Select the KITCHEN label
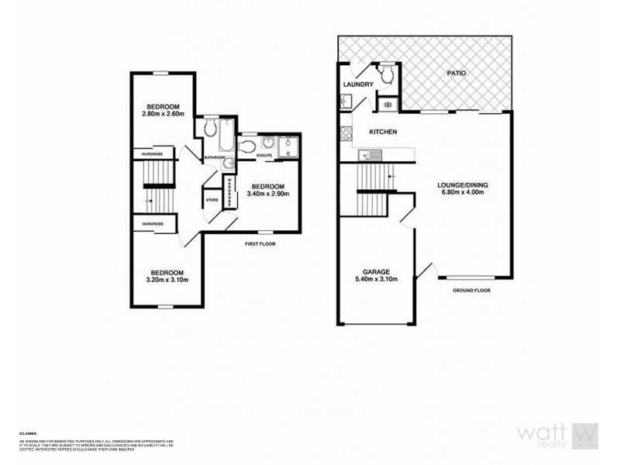coord(383,132)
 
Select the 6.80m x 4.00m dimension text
coord(463,193)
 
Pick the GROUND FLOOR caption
coord(471,291)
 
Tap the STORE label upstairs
coord(212,200)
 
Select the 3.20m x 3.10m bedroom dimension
coord(167,280)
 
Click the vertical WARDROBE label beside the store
coord(229,191)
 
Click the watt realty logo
coord(558,436)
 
